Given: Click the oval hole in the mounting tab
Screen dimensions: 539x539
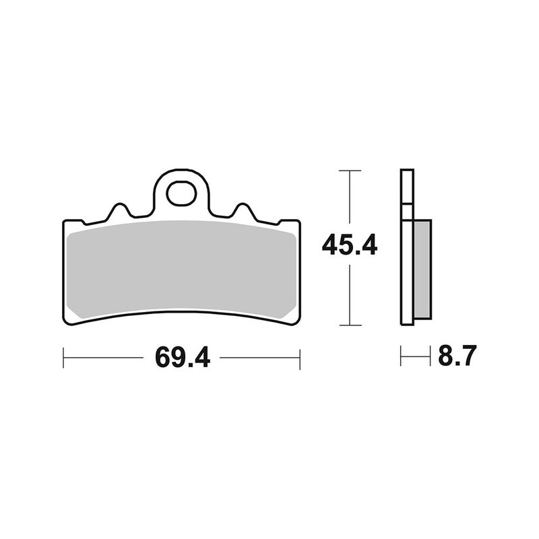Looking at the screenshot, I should tap(181, 194).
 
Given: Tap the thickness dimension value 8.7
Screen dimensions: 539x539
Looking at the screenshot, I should tap(457, 356).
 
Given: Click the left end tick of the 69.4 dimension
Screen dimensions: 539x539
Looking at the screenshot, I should tap(63, 357).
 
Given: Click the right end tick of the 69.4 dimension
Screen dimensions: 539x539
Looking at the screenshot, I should tap(300, 357).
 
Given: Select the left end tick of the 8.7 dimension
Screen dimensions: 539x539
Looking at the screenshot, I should tap(401, 356).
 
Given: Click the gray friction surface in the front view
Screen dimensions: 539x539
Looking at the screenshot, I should tap(181, 269).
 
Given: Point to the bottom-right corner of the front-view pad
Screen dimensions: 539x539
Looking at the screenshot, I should tap(294, 319).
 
